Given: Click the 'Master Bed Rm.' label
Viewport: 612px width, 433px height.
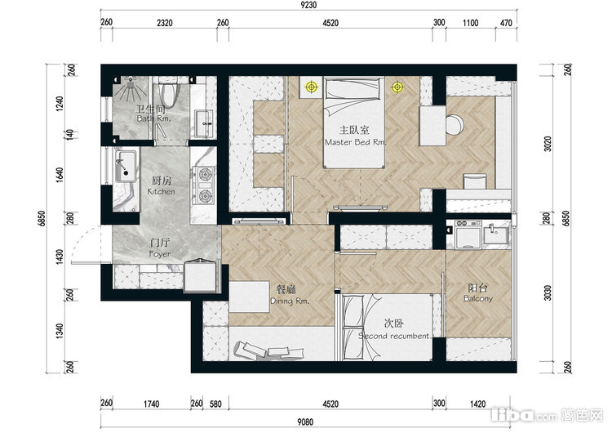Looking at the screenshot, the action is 355,142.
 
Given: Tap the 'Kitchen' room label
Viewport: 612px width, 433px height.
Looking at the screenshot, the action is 162,191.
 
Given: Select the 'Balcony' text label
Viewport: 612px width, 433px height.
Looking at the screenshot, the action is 478,298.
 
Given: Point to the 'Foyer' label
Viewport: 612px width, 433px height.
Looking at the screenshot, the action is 160,254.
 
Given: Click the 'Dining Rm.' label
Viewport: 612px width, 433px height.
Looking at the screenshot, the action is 290,301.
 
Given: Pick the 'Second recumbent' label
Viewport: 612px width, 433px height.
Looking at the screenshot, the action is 394,336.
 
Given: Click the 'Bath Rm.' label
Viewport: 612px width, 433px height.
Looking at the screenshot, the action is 153,118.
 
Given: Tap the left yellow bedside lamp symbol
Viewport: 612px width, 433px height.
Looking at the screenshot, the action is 311,87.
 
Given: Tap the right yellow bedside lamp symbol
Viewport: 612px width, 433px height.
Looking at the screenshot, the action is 397,87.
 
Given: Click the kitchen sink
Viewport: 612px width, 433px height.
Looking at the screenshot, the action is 126,166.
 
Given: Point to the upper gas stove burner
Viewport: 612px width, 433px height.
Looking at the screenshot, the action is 205,174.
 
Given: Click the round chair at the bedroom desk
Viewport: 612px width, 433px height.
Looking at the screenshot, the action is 454,125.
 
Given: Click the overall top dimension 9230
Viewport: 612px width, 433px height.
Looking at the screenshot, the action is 308,5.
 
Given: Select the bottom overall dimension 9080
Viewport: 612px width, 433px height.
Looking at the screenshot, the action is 305,422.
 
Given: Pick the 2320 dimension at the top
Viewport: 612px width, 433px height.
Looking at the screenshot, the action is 165,23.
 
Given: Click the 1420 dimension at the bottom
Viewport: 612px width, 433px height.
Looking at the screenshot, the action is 477,404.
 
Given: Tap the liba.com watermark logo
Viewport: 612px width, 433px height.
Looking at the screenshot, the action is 548,415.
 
